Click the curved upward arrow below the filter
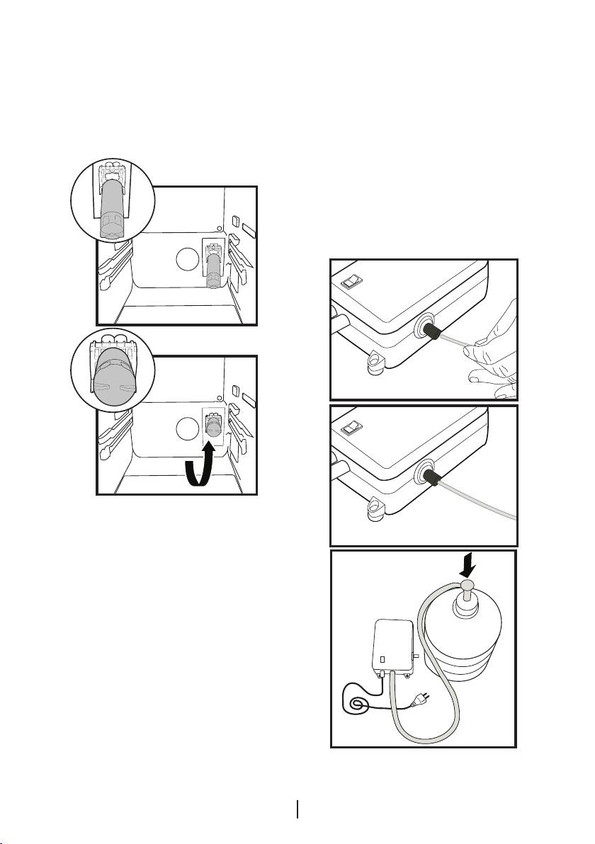point(198,467)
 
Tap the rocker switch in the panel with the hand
point(353,283)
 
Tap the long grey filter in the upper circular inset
point(111,205)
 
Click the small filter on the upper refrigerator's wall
point(213,270)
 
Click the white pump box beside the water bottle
point(392,646)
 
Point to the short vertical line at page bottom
point(298,809)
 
